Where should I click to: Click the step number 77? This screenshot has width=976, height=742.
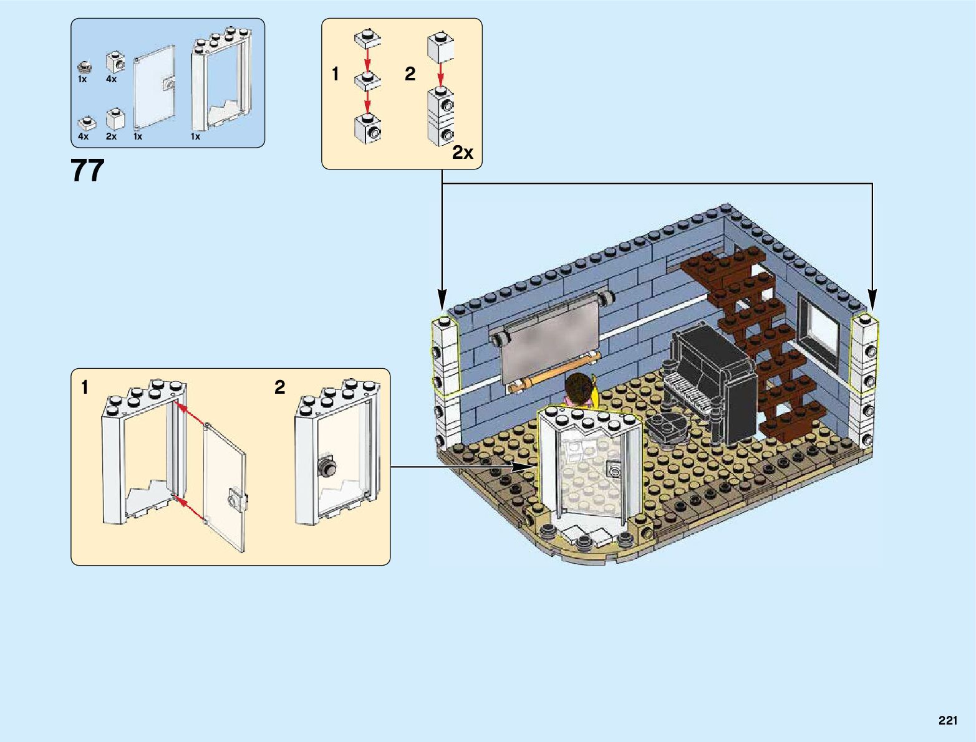(87, 171)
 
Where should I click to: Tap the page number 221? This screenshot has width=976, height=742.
(947, 721)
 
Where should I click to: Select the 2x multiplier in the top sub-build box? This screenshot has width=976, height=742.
(463, 153)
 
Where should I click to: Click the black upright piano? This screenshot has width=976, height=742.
(714, 380)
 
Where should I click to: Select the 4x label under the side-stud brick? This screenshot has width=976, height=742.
(111, 79)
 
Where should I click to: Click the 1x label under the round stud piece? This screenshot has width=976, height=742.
(82, 79)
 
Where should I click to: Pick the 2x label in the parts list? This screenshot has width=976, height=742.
(111, 136)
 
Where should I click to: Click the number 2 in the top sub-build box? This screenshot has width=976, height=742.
(410, 74)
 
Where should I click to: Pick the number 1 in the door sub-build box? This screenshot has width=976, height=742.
(85, 388)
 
